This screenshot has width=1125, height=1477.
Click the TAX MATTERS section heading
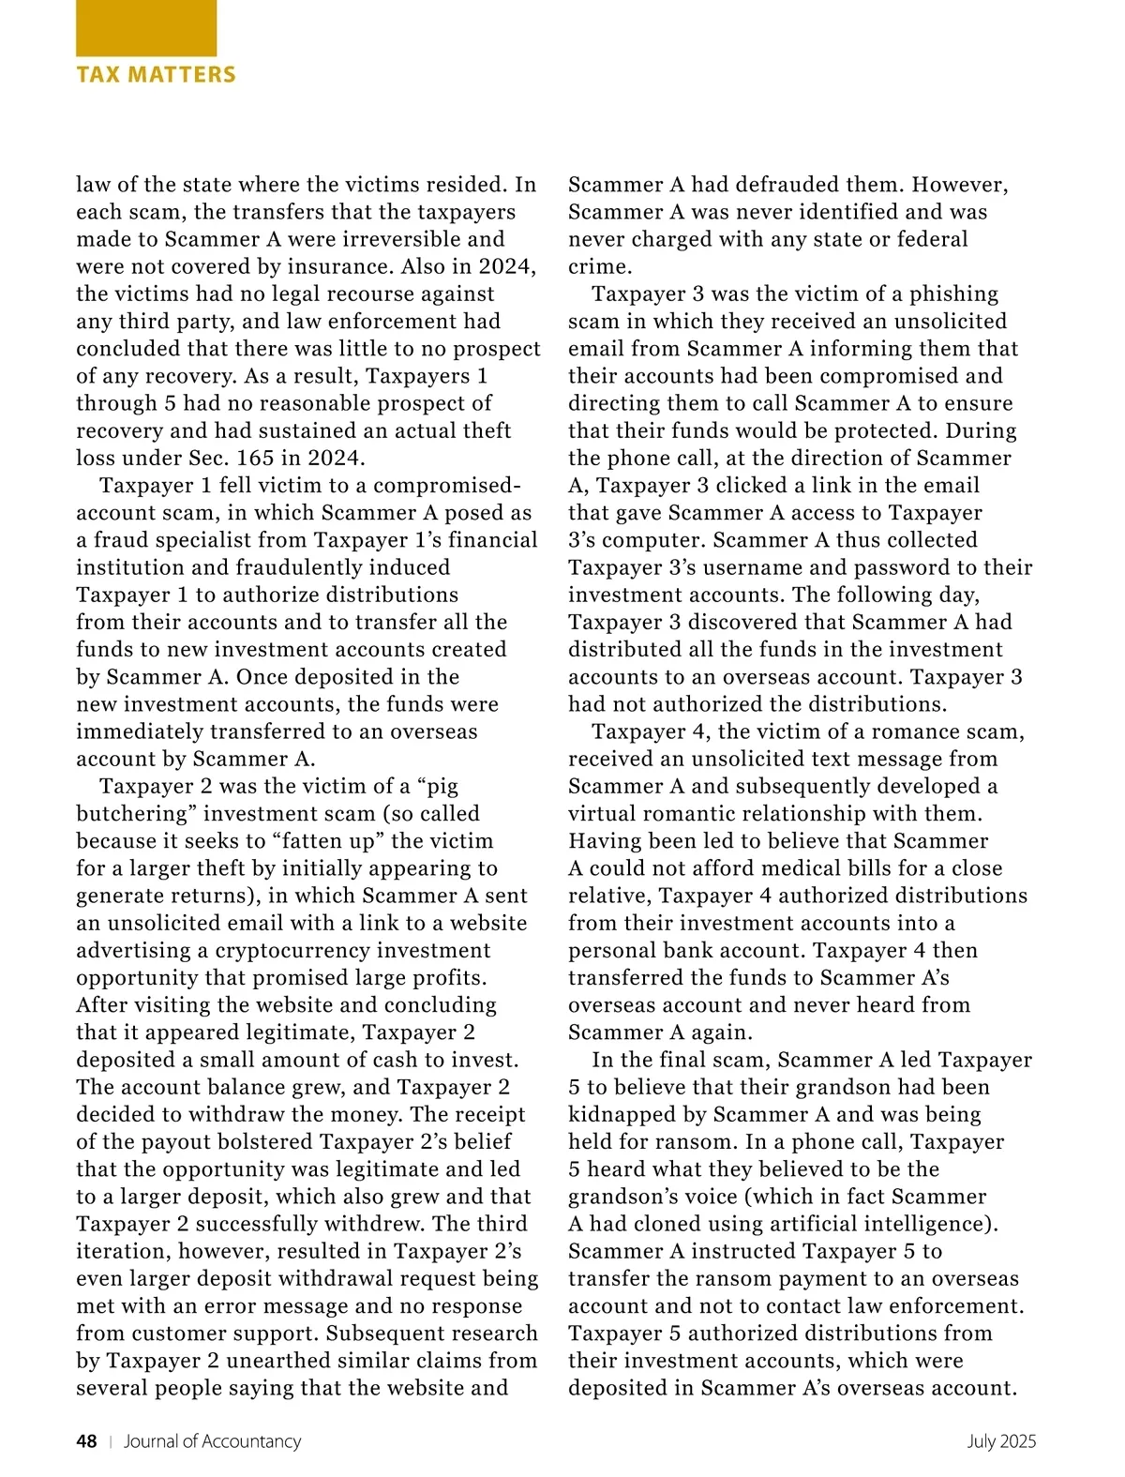156,75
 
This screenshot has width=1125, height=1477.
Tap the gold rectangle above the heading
146,28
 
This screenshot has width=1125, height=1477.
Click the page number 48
86,1441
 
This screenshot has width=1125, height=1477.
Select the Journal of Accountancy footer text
213,1441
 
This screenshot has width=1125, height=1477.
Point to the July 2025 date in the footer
1001,1441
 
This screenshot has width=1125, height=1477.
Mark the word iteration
122,1251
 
